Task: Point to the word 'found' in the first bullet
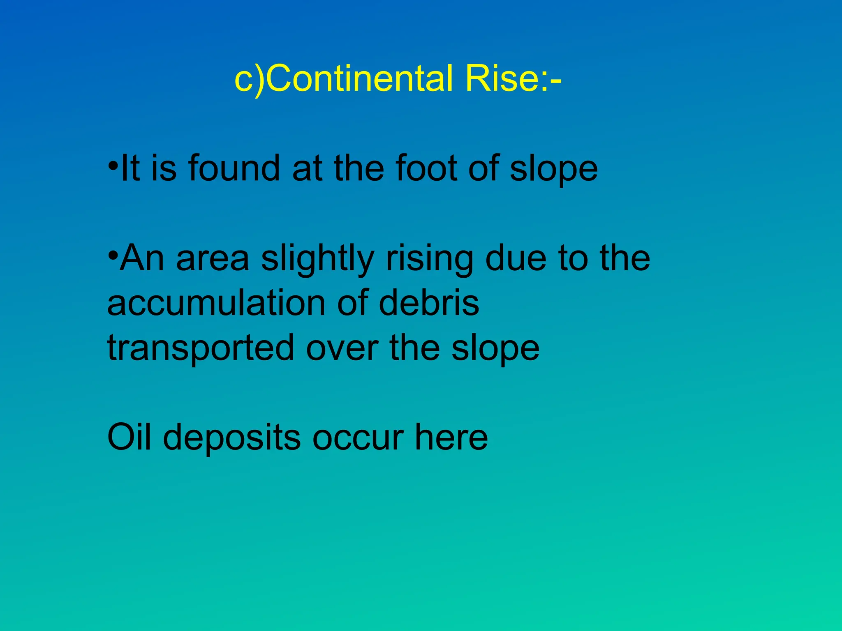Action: click(234, 168)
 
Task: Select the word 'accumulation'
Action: click(216, 303)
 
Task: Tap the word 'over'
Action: click(342, 348)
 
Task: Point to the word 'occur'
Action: click(358, 438)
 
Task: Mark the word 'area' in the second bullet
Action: click(213, 259)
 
